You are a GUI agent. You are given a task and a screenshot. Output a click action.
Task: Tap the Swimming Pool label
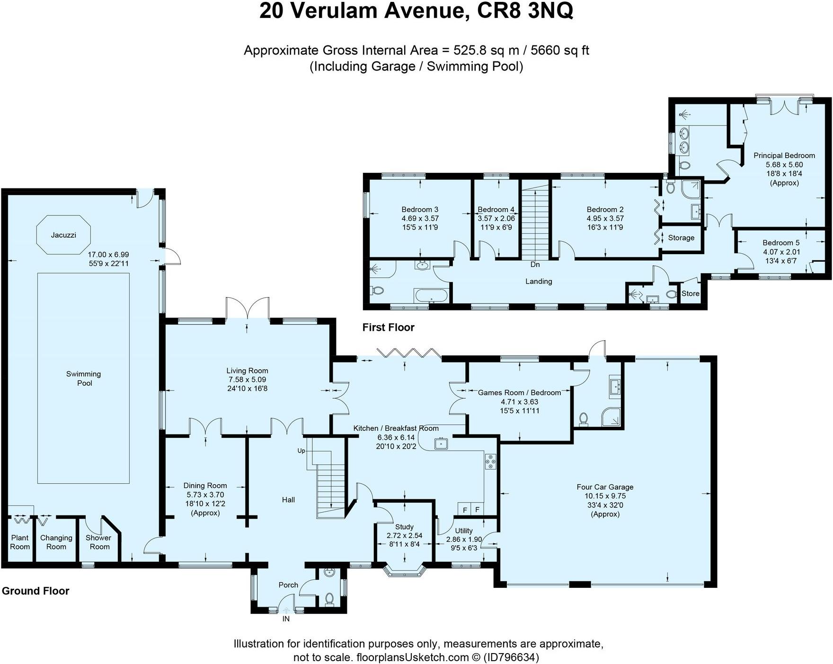click(84, 379)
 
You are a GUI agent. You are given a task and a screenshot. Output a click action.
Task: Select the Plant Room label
click(20, 542)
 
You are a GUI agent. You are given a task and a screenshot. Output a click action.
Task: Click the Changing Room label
click(56, 542)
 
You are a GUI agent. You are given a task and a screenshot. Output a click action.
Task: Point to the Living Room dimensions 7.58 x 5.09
click(247, 380)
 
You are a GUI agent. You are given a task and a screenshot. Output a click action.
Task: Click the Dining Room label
click(205, 486)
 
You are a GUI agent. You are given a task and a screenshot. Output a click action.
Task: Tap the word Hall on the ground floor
click(288, 500)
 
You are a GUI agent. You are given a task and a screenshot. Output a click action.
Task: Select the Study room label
click(404, 527)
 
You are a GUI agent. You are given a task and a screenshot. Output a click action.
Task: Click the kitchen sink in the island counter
click(441, 443)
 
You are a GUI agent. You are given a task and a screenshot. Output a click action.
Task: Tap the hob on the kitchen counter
click(490, 461)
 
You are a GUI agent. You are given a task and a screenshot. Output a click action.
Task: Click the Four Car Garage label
click(605, 487)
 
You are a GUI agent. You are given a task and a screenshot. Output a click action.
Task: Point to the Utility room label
click(464, 531)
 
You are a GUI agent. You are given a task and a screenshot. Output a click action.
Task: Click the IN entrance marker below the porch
click(286, 619)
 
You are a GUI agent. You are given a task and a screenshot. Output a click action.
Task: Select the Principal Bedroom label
click(784, 155)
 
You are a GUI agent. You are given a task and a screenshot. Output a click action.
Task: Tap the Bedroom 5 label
click(781, 243)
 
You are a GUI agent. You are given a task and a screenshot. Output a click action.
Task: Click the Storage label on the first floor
click(681, 238)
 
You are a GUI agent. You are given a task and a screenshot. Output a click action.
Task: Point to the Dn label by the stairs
click(535, 265)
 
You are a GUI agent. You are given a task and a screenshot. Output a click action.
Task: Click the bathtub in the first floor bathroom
click(431, 296)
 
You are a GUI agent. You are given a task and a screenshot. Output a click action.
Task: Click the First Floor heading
click(388, 328)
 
